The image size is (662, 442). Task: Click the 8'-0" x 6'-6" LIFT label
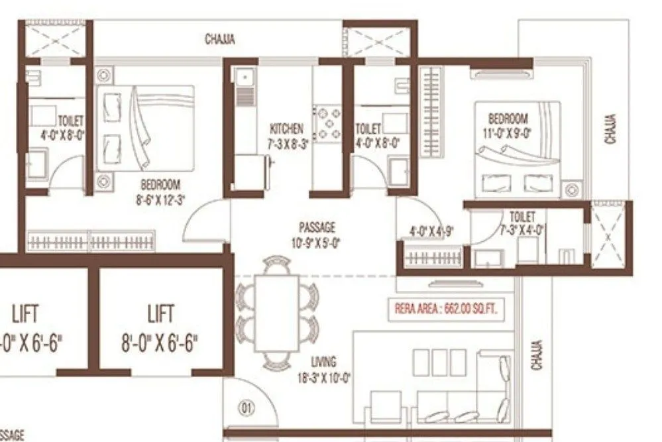(x=160, y=328)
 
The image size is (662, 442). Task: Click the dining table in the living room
(x=277, y=311)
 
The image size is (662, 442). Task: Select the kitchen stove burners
(x=327, y=125)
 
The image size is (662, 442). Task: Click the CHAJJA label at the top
(x=219, y=40)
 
